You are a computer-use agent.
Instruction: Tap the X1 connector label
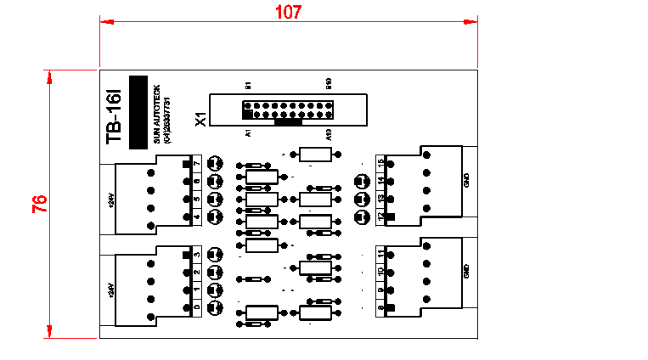point(201,118)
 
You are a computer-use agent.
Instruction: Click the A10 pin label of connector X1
point(329,133)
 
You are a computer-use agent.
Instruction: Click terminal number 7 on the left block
point(197,163)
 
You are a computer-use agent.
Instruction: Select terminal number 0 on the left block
point(197,307)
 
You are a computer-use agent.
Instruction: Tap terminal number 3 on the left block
point(197,254)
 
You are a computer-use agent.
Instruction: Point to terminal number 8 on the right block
point(381,309)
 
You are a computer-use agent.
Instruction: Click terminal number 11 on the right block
point(381,254)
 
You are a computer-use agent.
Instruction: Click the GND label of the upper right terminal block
point(465,180)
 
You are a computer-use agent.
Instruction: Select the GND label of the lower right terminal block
point(465,272)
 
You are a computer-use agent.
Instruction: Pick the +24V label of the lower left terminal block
point(110,290)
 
